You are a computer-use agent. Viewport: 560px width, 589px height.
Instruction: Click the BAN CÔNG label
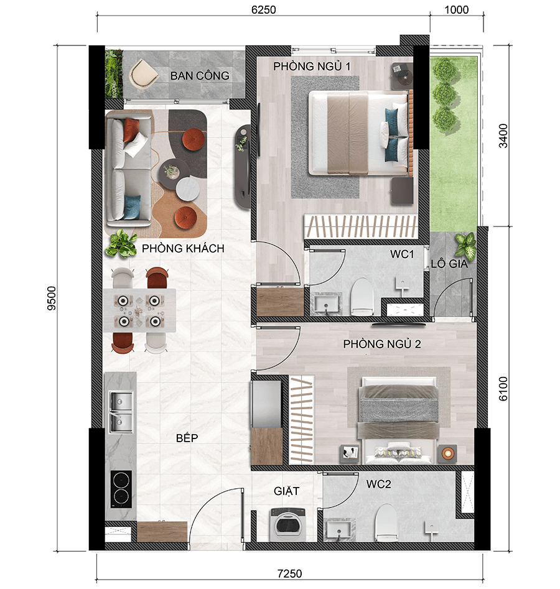click(x=200, y=75)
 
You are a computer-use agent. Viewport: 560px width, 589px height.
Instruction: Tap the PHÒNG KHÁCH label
click(x=183, y=248)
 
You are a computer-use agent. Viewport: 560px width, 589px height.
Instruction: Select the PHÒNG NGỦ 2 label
click(x=382, y=344)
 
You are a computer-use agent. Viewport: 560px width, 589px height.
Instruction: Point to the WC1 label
click(x=402, y=254)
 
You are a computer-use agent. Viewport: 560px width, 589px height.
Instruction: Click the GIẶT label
click(x=286, y=491)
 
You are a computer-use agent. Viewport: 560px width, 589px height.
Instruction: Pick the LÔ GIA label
click(x=449, y=264)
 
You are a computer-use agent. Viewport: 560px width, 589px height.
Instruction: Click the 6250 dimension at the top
click(x=263, y=9)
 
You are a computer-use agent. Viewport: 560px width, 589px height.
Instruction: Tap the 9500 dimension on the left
click(x=52, y=299)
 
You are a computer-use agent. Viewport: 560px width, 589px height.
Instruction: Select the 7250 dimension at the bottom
click(x=289, y=573)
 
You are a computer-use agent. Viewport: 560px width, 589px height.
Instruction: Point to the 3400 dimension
click(x=503, y=136)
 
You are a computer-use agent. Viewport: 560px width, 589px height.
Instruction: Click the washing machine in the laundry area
click(x=288, y=524)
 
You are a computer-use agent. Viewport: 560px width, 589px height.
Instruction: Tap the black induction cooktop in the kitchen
click(x=121, y=489)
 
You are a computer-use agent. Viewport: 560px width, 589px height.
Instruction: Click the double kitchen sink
click(x=121, y=412)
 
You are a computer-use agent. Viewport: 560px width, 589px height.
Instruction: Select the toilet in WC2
click(x=386, y=522)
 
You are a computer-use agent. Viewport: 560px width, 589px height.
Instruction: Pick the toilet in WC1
click(x=362, y=297)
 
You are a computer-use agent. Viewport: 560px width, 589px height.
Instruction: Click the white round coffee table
click(x=188, y=188)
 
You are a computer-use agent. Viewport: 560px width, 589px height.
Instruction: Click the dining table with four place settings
click(x=139, y=310)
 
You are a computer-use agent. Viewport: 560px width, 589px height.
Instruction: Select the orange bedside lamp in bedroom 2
click(x=447, y=453)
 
